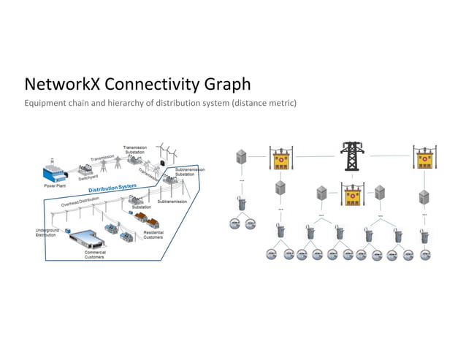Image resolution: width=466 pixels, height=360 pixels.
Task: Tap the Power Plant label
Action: [56, 186]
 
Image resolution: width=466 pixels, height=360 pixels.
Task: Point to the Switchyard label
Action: [89, 177]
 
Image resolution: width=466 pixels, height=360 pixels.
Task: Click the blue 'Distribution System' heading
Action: [112, 191]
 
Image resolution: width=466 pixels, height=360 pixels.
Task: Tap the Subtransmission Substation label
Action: [189, 172]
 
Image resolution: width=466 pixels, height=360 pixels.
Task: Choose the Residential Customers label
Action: [153, 234]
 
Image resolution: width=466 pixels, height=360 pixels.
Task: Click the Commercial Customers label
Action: [94, 255]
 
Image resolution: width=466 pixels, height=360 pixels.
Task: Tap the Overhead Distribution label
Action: [80, 202]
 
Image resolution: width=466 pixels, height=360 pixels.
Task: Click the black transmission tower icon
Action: [351, 158]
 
